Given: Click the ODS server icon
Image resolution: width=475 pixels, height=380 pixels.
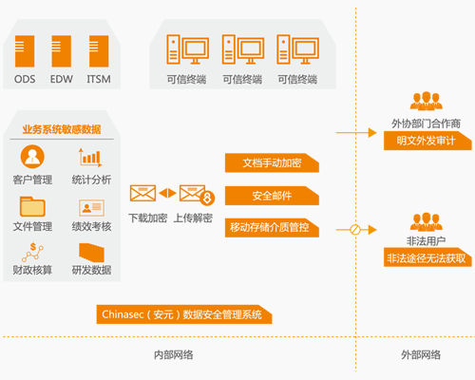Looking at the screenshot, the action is pyautogui.click(x=25, y=51).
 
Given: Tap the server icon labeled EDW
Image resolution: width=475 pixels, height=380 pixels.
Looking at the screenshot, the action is pyautogui.click(x=62, y=51).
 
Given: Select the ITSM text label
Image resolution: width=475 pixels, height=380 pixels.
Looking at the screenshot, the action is pyautogui.click(x=99, y=79).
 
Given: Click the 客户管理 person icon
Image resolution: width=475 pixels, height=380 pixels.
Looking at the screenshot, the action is pyautogui.click(x=32, y=157).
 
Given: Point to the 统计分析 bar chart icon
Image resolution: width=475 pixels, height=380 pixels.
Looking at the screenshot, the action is pyautogui.click(x=90, y=158).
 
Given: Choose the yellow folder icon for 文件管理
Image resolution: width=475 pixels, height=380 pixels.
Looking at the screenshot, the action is pyautogui.click(x=32, y=206).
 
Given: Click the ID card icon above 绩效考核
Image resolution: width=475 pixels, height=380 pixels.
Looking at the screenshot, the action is pyautogui.click(x=91, y=208).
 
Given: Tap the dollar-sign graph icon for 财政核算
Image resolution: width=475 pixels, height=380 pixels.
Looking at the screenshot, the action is pyautogui.click(x=32, y=252).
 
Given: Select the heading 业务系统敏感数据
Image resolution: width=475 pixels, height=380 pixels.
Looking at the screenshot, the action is pyautogui.click(x=62, y=129).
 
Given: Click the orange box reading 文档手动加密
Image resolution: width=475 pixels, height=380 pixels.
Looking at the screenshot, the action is pyautogui.click(x=272, y=162).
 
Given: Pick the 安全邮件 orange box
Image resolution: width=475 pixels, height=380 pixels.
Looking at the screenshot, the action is pyautogui.click(x=272, y=196).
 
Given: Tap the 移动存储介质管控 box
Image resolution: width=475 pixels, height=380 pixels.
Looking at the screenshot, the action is pyautogui.click(x=272, y=227).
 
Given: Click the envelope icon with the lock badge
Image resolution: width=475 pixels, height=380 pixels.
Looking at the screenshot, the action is pyautogui.click(x=197, y=194).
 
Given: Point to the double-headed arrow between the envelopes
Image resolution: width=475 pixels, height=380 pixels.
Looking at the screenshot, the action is pyautogui.click(x=167, y=193).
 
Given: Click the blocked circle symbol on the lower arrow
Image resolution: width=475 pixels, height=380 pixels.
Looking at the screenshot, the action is pyautogui.click(x=355, y=230).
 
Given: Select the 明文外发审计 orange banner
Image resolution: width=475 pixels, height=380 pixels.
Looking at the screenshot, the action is pyautogui.click(x=427, y=141).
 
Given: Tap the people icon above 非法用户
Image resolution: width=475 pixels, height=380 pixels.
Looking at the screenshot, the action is pyautogui.click(x=427, y=221).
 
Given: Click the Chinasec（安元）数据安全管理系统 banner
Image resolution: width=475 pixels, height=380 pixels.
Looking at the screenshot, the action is pyautogui.click(x=184, y=314).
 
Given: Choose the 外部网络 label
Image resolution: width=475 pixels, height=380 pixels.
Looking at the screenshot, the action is pyautogui.click(x=421, y=354).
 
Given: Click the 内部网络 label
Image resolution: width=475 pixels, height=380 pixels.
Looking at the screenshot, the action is pyautogui.click(x=174, y=355).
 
